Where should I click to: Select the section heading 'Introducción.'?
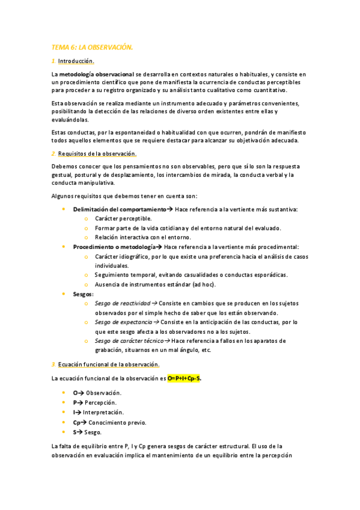click(x=76, y=61)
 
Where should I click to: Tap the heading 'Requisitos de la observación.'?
click(x=97, y=153)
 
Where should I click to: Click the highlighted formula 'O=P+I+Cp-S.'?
click(x=185, y=378)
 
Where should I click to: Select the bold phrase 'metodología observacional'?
click(x=97, y=73)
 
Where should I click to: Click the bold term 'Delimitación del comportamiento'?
click(x=120, y=209)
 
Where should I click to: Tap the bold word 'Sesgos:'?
click(x=84, y=293)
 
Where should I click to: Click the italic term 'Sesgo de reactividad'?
click(x=123, y=303)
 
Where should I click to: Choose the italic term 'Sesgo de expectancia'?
click(x=123, y=322)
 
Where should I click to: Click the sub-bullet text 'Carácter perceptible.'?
click(x=123, y=218)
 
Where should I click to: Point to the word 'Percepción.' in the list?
click(x=101, y=402)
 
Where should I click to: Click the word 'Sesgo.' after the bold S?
click(x=94, y=432)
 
